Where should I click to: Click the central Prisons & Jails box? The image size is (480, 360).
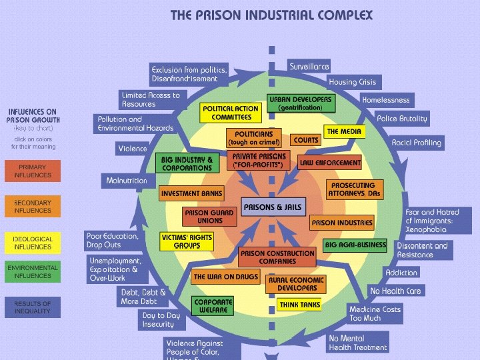(273, 207)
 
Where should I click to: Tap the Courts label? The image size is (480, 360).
(306, 141)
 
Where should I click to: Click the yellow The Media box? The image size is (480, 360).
(344, 131)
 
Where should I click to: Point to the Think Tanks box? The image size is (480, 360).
(300, 305)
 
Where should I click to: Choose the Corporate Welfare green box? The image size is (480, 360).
(213, 306)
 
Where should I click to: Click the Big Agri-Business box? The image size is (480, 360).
(355, 245)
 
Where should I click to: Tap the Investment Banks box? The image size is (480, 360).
(191, 193)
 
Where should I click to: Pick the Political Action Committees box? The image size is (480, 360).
(228, 113)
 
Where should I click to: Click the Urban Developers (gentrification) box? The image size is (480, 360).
(300, 103)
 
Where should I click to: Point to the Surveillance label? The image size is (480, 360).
(309, 67)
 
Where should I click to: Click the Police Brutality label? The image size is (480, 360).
(402, 119)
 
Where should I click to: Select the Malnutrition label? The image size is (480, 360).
(127, 181)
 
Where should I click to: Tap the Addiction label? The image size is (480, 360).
(402, 273)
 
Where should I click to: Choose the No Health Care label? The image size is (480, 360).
(395, 291)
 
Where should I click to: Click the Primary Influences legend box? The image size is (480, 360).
(32, 171)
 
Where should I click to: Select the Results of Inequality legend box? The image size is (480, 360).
(32, 307)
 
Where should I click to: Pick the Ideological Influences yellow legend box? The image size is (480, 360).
(32, 243)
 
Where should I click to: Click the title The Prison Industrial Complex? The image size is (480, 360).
(271, 15)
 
